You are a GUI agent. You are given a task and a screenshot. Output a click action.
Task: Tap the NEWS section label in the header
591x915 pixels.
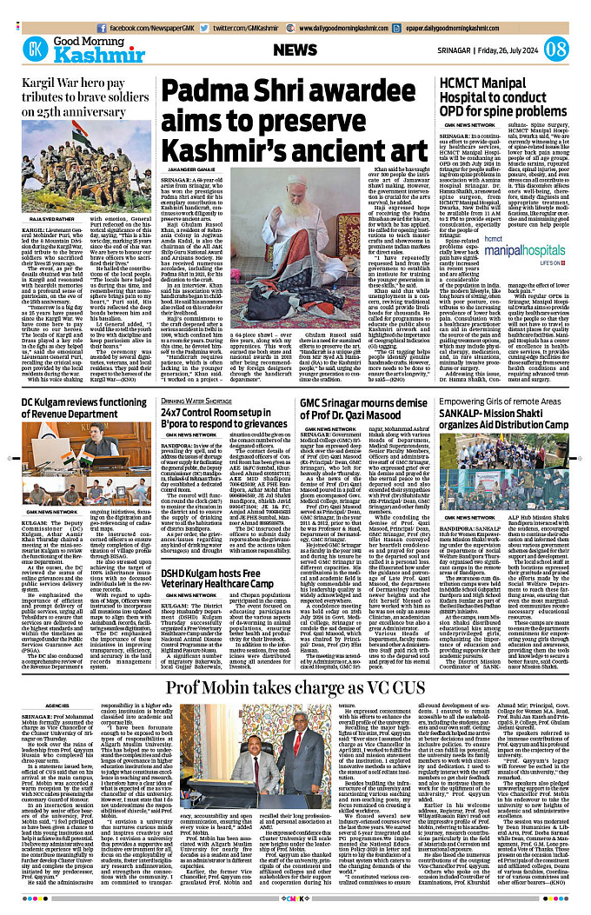pos(295,50)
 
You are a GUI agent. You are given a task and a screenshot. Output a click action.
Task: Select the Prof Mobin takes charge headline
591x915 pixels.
pos(296,665)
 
